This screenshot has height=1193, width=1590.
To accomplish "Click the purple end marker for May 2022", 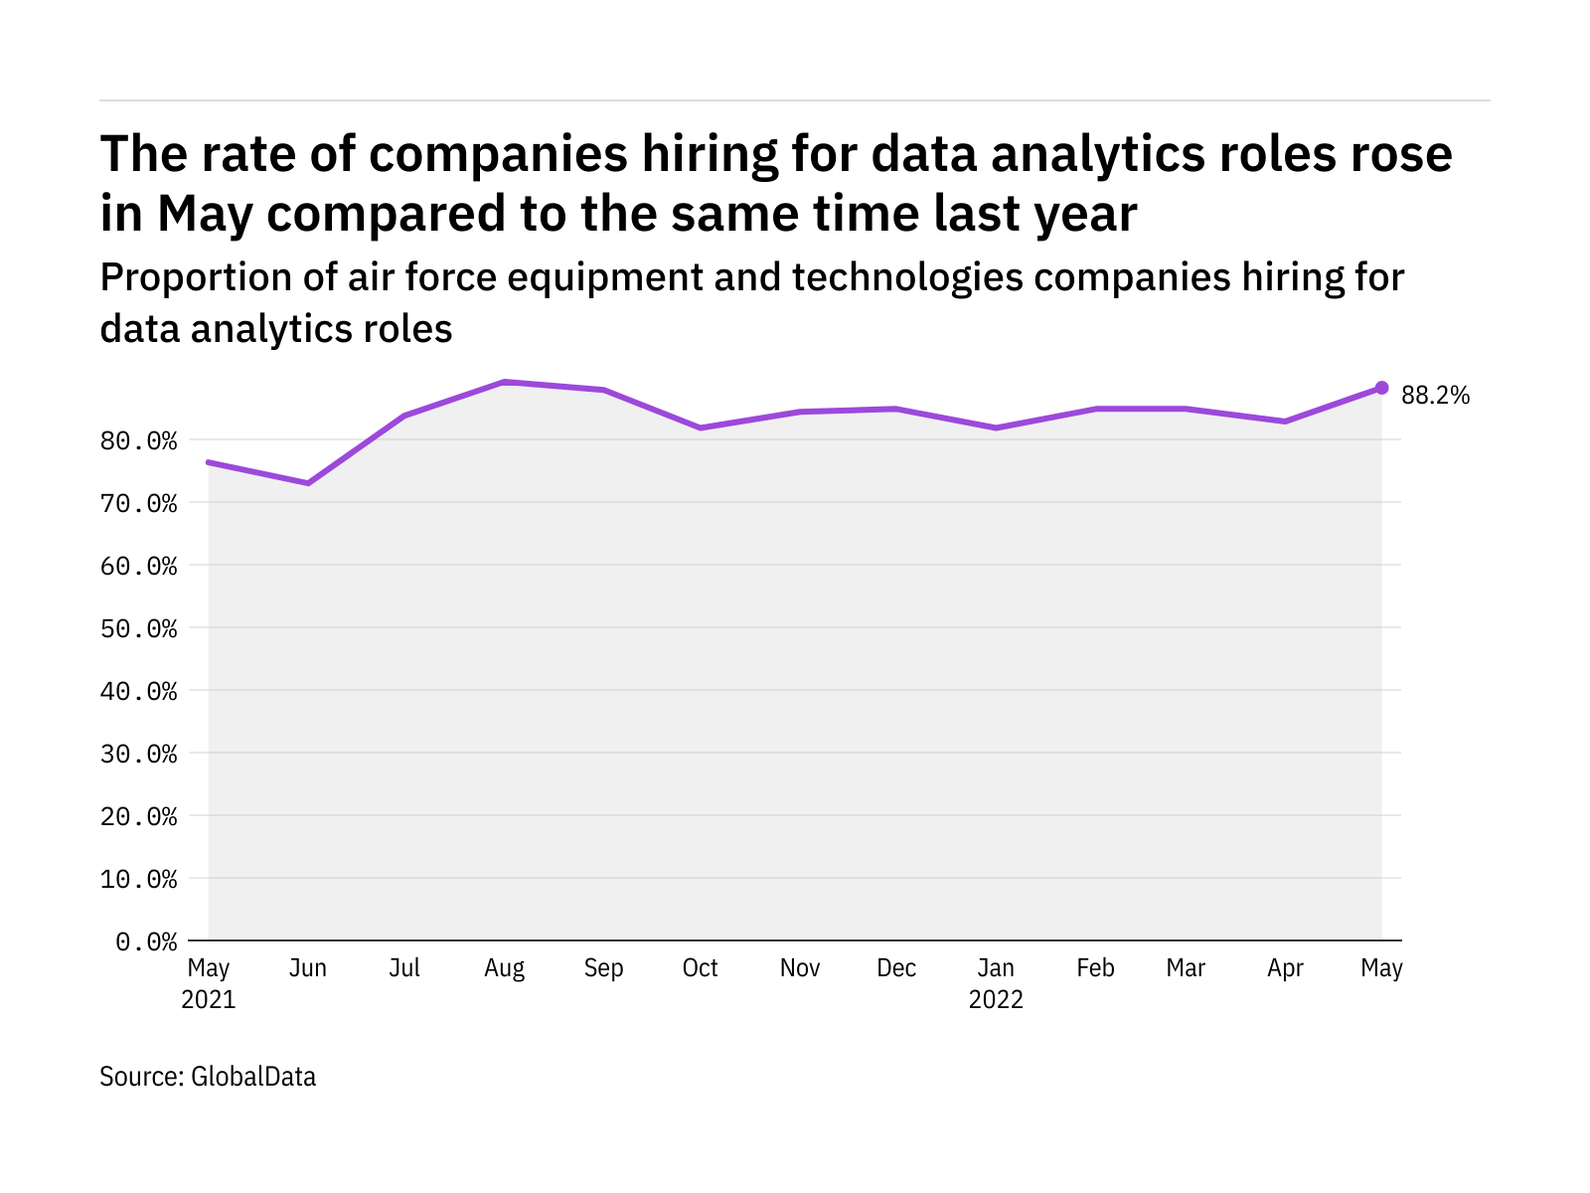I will pyautogui.click(x=1381, y=388).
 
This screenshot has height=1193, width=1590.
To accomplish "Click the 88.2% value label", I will pyautogui.click(x=1434, y=396).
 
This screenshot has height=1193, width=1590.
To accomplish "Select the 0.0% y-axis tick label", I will pyautogui.click(x=146, y=941).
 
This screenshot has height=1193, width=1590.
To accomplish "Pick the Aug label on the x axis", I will pyautogui.click(x=504, y=968).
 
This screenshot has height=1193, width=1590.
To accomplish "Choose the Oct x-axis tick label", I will pyautogui.click(x=700, y=968).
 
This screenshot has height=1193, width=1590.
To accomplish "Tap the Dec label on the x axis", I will pyautogui.click(x=896, y=968).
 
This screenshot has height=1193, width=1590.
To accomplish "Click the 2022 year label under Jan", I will pyautogui.click(x=996, y=1000).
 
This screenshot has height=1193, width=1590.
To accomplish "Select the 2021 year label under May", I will pyautogui.click(x=209, y=1000).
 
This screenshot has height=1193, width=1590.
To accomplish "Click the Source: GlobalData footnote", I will pyautogui.click(x=208, y=1077).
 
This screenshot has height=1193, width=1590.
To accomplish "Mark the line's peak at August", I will pyautogui.click(x=505, y=382).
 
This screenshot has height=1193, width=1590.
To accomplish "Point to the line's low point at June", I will pyautogui.click(x=308, y=483).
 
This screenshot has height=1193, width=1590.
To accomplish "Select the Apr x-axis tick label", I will pyautogui.click(x=1285, y=968).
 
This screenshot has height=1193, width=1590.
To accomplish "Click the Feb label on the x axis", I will pyautogui.click(x=1095, y=968).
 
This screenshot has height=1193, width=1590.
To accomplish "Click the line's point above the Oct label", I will pyautogui.click(x=701, y=427).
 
